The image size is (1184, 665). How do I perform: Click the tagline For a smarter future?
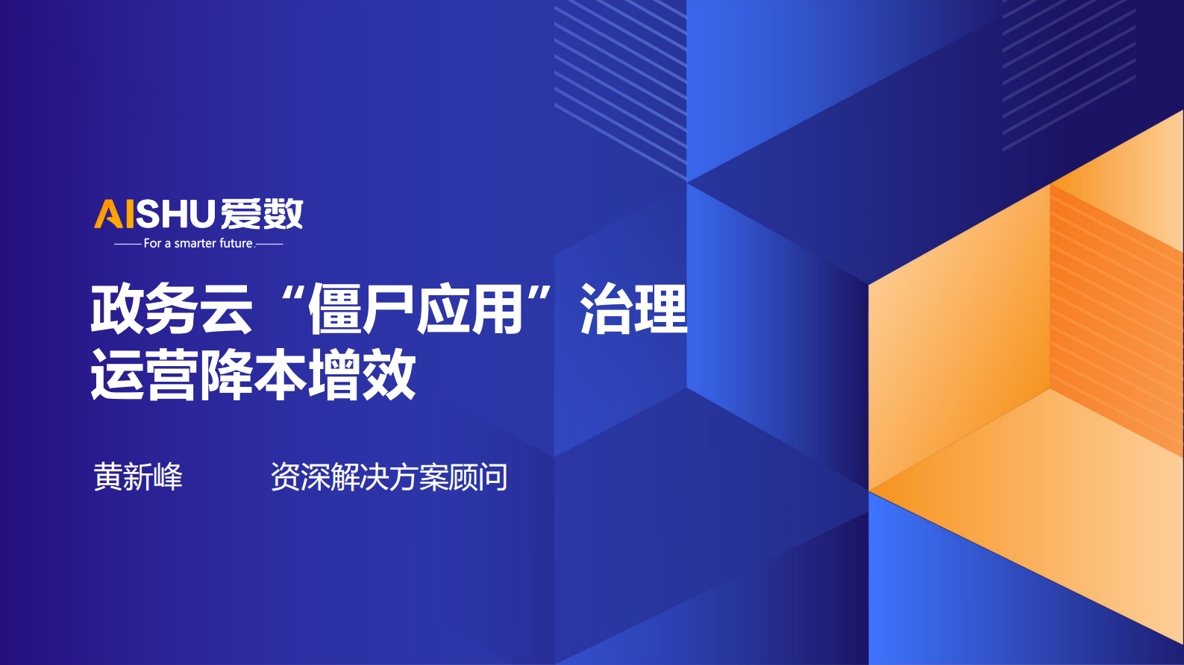tap(199, 244)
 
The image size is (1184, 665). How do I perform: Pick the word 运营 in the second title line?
tap(144, 374)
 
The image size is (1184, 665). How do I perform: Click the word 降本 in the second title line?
tap(253, 374)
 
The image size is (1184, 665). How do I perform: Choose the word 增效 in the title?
tap(362, 374)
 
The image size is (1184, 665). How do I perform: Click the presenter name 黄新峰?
tap(138, 476)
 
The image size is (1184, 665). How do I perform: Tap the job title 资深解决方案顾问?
tap(389, 476)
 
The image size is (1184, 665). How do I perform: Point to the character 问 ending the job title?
tap(493, 476)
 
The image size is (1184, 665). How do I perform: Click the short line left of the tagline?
tap(128, 245)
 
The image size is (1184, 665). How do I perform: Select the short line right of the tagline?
tap(269, 245)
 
